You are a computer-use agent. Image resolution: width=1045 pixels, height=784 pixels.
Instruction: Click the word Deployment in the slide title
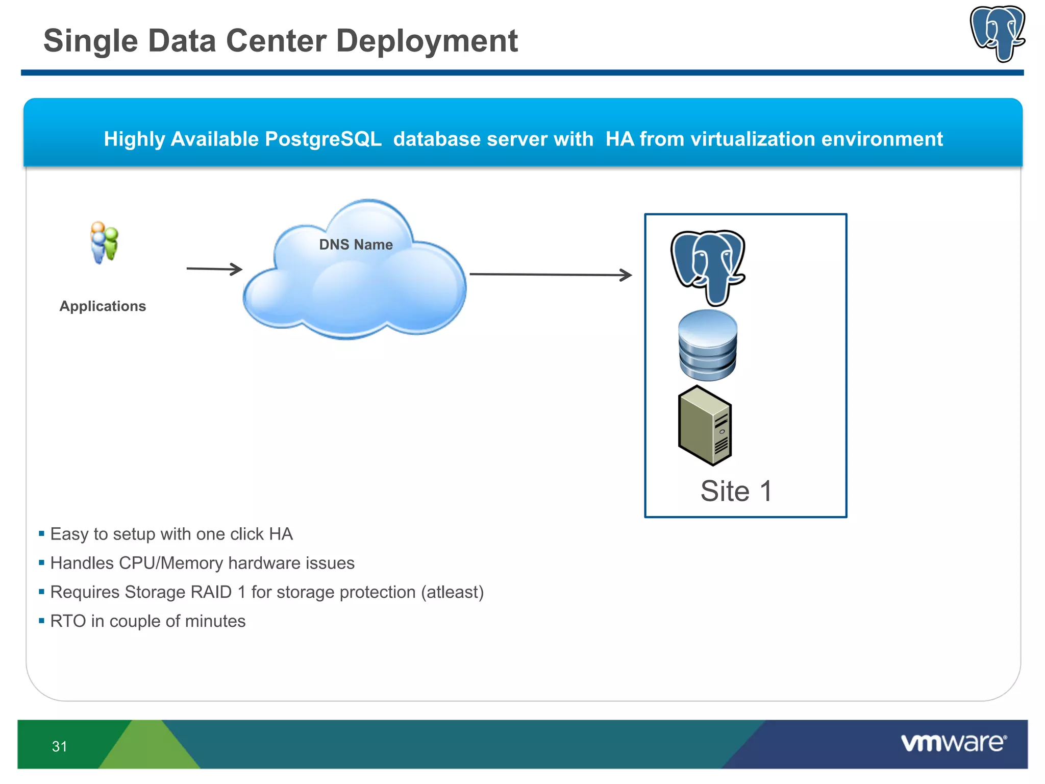(x=427, y=41)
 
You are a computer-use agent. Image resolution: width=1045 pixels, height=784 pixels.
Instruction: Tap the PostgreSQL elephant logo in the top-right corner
(x=998, y=34)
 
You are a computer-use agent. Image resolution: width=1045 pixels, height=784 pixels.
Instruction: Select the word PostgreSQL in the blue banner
(x=323, y=139)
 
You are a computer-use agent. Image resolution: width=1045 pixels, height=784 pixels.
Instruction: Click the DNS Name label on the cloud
(x=356, y=244)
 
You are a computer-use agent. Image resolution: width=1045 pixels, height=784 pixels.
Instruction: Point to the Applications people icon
(x=104, y=242)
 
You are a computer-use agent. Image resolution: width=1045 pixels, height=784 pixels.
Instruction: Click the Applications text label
(x=103, y=306)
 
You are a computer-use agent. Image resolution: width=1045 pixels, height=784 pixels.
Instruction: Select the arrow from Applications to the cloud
(x=214, y=269)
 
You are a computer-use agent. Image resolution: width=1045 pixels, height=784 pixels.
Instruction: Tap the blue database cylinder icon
(x=708, y=346)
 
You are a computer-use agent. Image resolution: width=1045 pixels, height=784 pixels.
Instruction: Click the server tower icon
(x=705, y=426)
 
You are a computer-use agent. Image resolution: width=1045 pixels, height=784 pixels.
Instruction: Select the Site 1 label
(x=736, y=491)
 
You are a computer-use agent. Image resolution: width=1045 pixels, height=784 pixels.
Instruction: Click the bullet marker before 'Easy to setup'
(x=42, y=534)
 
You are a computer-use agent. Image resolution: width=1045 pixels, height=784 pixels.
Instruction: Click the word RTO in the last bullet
(x=68, y=621)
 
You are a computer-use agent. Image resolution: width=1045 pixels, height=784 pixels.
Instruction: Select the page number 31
(x=59, y=747)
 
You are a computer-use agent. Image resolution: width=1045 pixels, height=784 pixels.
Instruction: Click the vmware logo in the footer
(x=953, y=743)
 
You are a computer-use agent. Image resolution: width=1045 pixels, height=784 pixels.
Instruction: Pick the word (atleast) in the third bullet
(x=452, y=592)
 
